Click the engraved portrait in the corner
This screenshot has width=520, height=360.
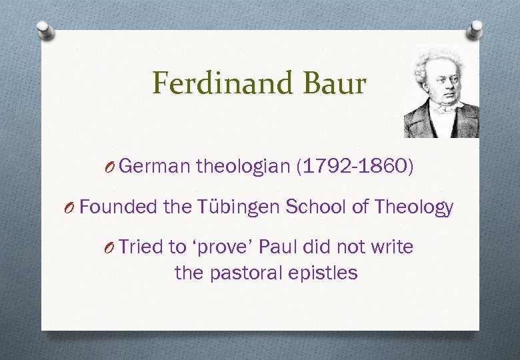441,93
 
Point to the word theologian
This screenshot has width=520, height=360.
243,167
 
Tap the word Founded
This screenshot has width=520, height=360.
119,207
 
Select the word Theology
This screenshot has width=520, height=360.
414,207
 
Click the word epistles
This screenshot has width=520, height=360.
326,273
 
